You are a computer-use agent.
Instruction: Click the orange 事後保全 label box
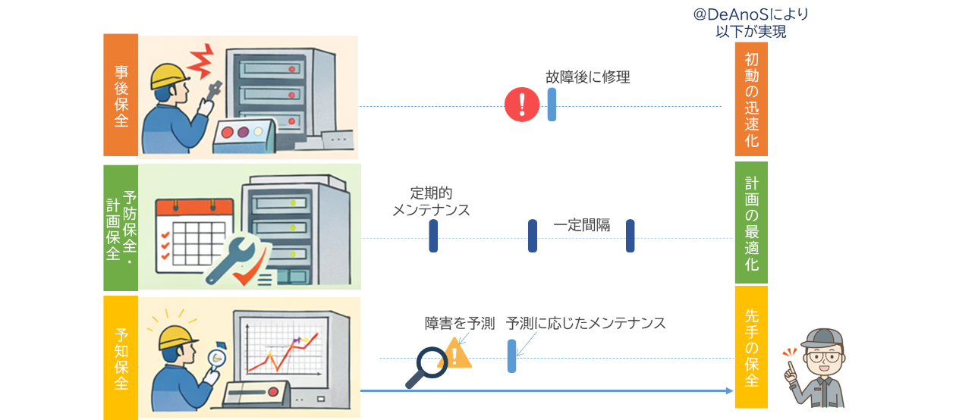[x=121, y=95]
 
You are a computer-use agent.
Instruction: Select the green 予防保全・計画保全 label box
[x=121, y=227]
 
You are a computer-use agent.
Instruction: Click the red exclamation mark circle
[x=522, y=105]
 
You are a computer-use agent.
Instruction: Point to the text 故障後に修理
[x=587, y=77]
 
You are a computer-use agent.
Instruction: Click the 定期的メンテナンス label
[x=431, y=201]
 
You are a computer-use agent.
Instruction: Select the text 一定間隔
[x=581, y=225]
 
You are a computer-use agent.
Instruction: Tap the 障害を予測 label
[x=459, y=324]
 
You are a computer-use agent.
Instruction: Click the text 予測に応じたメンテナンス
[x=585, y=324]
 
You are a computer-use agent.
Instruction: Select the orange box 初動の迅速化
[x=750, y=99]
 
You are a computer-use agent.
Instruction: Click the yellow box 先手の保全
[x=750, y=346]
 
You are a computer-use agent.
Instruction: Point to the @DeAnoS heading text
[x=750, y=23]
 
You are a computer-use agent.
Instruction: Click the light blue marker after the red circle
[x=552, y=105]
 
